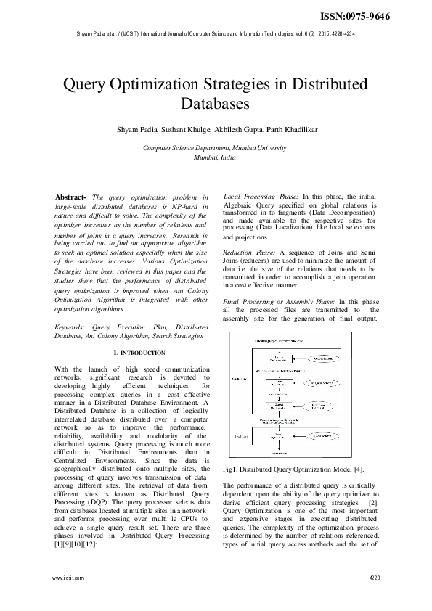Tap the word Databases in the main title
pos(216,104)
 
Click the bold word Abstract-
pos(71,197)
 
